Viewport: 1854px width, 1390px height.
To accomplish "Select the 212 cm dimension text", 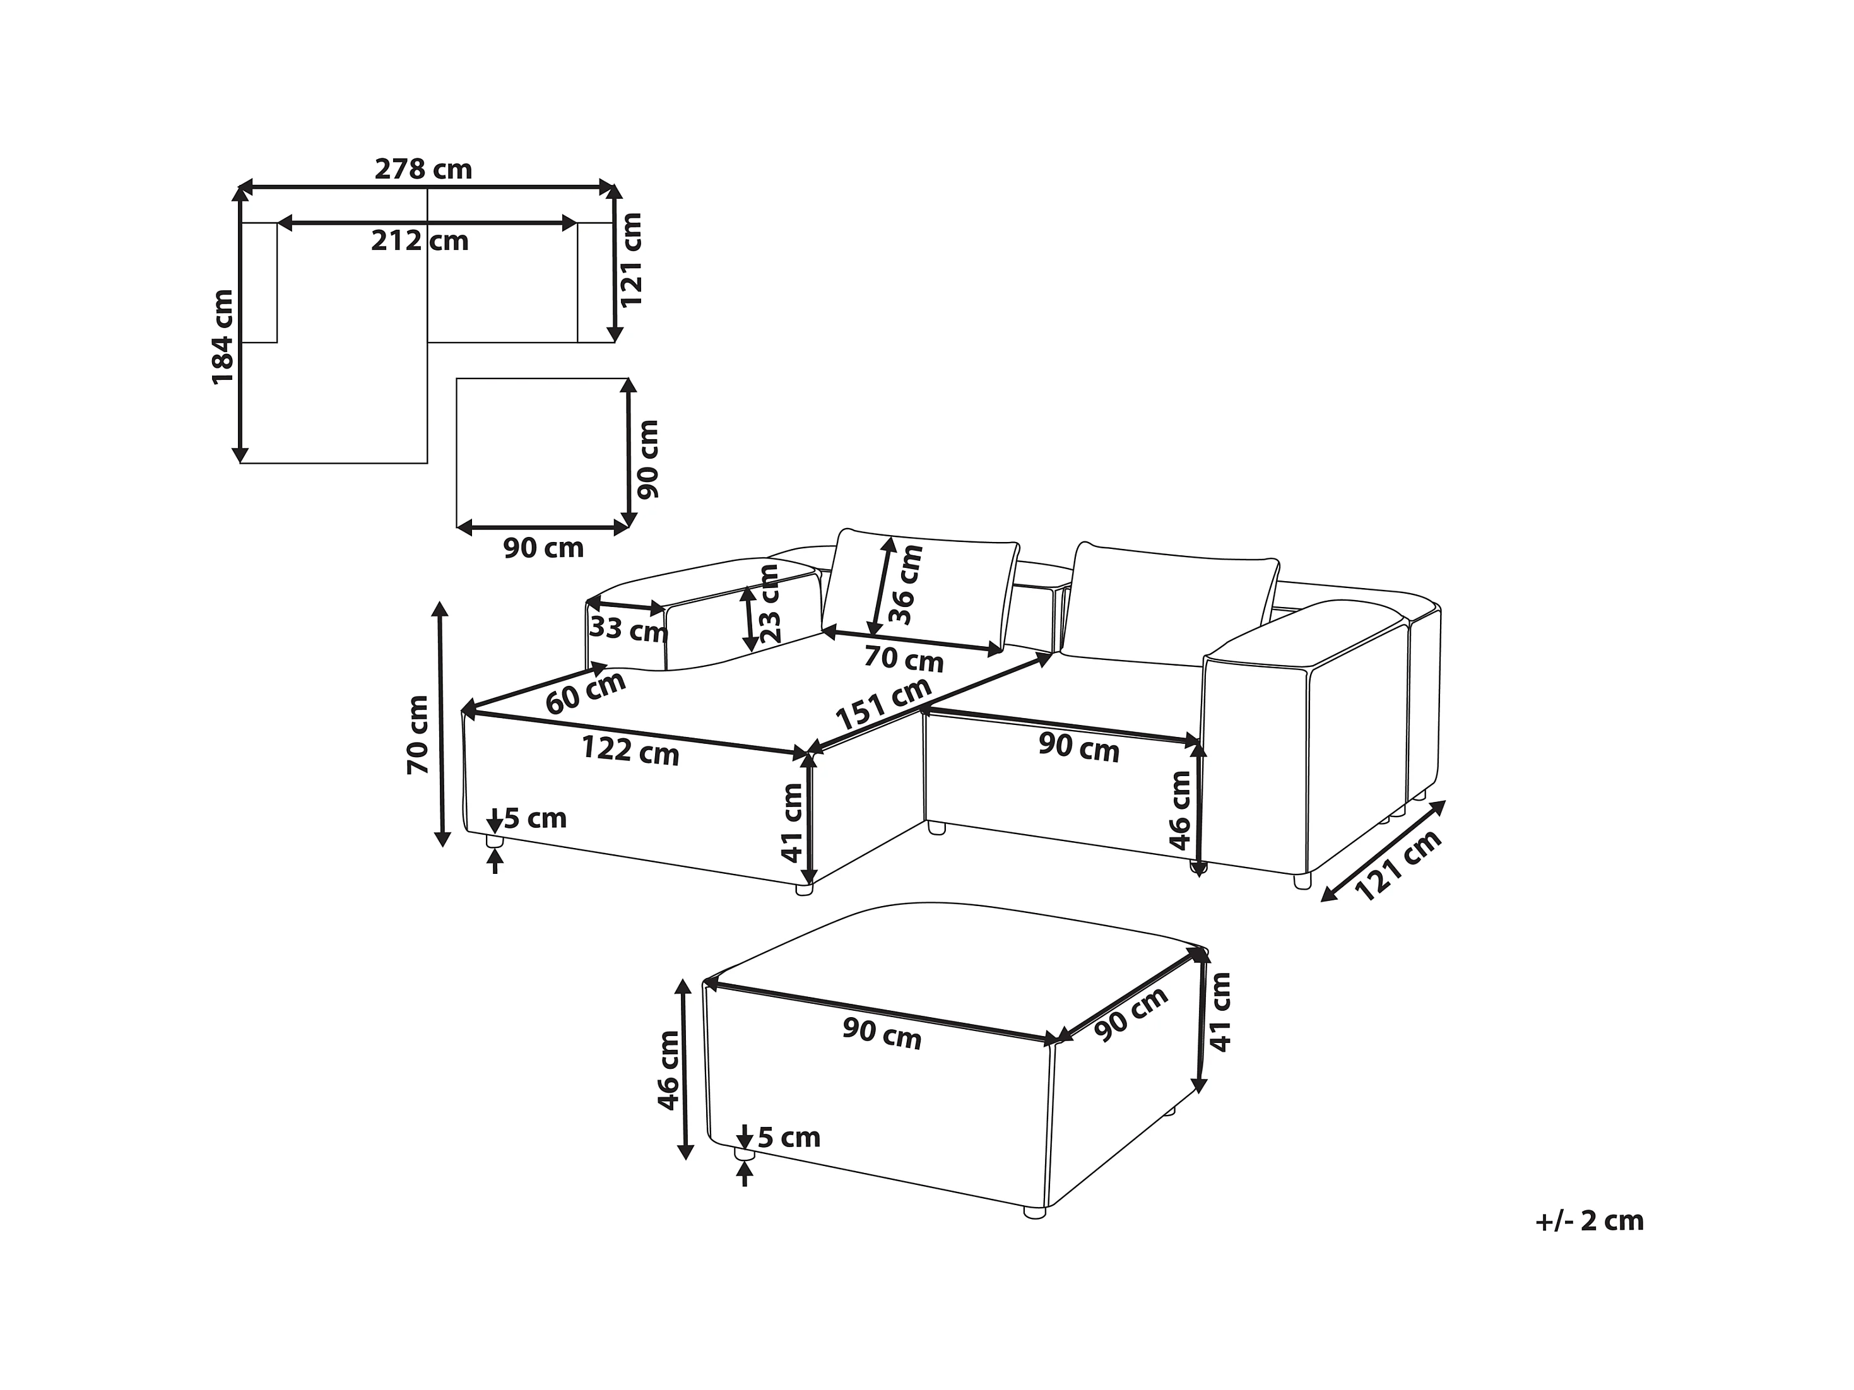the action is tap(420, 241).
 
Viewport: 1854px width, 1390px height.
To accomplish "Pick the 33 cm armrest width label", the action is tap(628, 628).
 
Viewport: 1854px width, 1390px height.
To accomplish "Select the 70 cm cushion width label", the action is tap(904, 660).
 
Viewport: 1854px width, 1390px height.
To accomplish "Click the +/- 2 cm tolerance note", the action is tap(1589, 1221).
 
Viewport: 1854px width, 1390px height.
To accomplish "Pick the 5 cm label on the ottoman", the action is tap(789, 1137).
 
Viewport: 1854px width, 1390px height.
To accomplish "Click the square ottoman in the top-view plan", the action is tap(541, 452).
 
